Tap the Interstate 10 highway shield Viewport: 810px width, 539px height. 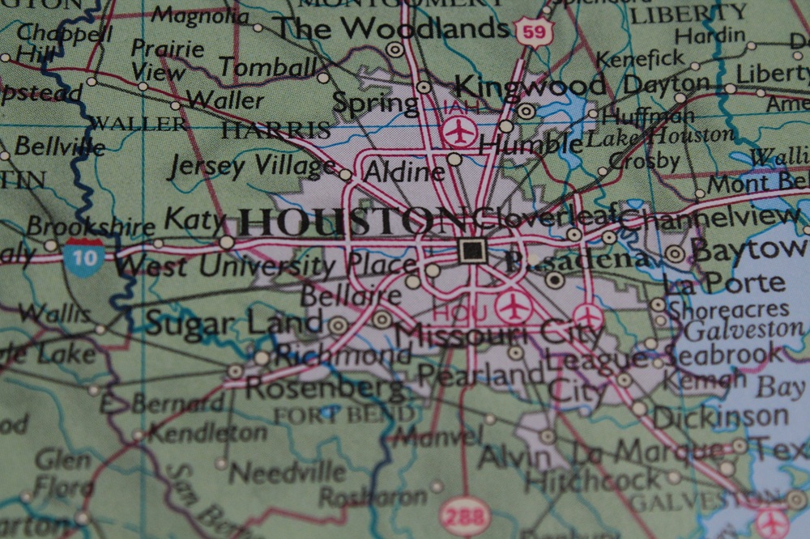click(x=85, y=257)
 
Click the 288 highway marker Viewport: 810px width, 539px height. click(x=465, y=514)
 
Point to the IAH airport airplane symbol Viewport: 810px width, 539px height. click(x=461, y=129)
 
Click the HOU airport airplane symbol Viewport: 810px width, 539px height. click(x=514, y=306)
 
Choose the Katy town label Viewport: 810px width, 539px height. click(x=194, y=219)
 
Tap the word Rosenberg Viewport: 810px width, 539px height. click(x=324, y=389)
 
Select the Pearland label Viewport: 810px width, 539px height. click(x=480, y=375)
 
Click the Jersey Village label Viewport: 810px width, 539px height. click(x=252, y=166)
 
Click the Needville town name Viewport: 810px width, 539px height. click(x=288, y=470)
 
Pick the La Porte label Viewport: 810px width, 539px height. click(x=723, y=283)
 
